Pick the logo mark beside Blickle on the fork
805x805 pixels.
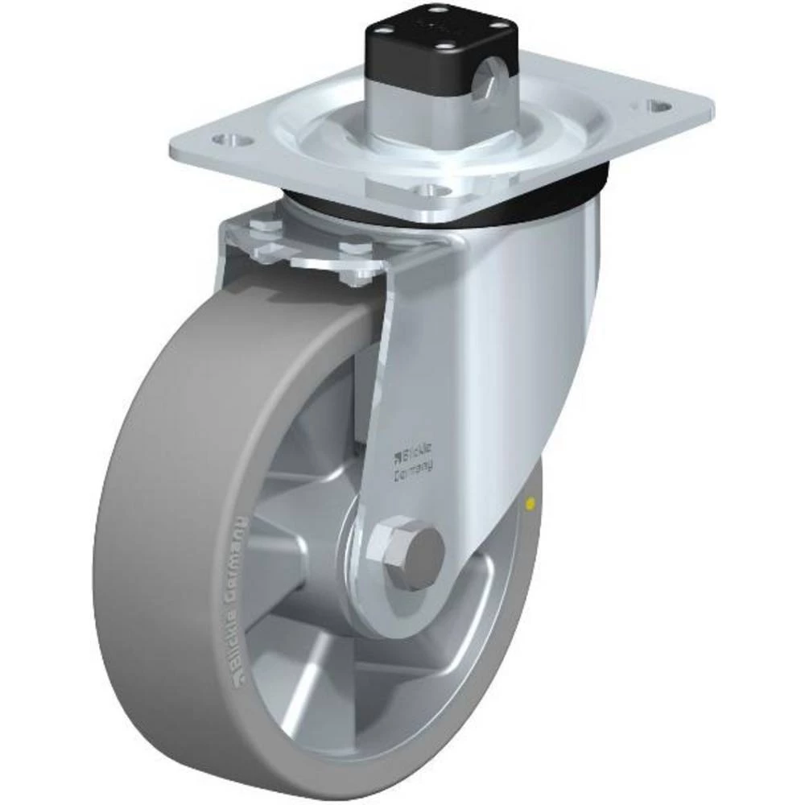(x=396, y=459)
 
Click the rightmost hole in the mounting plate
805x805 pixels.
(x=660, y=105)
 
